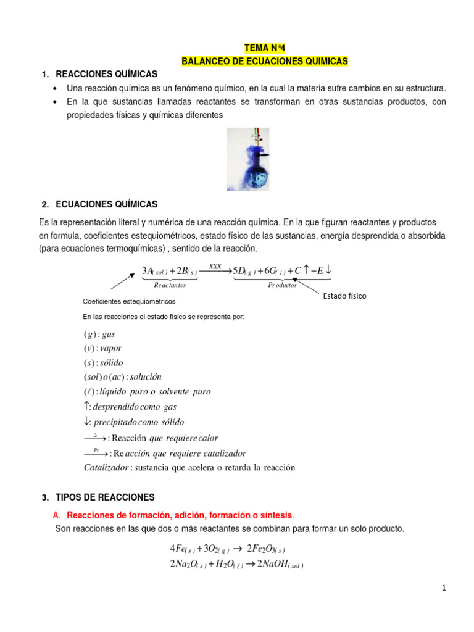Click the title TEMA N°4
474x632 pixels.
tap(265, 49)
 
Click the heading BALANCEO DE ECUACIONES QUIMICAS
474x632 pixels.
tap(265, 61)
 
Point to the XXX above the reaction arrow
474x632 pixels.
tap(215, 266)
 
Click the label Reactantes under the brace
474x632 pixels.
tap(170, 285)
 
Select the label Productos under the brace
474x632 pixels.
tap(283, 285)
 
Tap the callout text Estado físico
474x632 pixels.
tap(344, 296)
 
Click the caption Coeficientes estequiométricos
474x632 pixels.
tap(129, 301)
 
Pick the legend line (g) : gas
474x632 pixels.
tap(99, 334)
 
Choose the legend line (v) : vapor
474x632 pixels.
tap(103, 348)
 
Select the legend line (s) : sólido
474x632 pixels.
tap(103, 362)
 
